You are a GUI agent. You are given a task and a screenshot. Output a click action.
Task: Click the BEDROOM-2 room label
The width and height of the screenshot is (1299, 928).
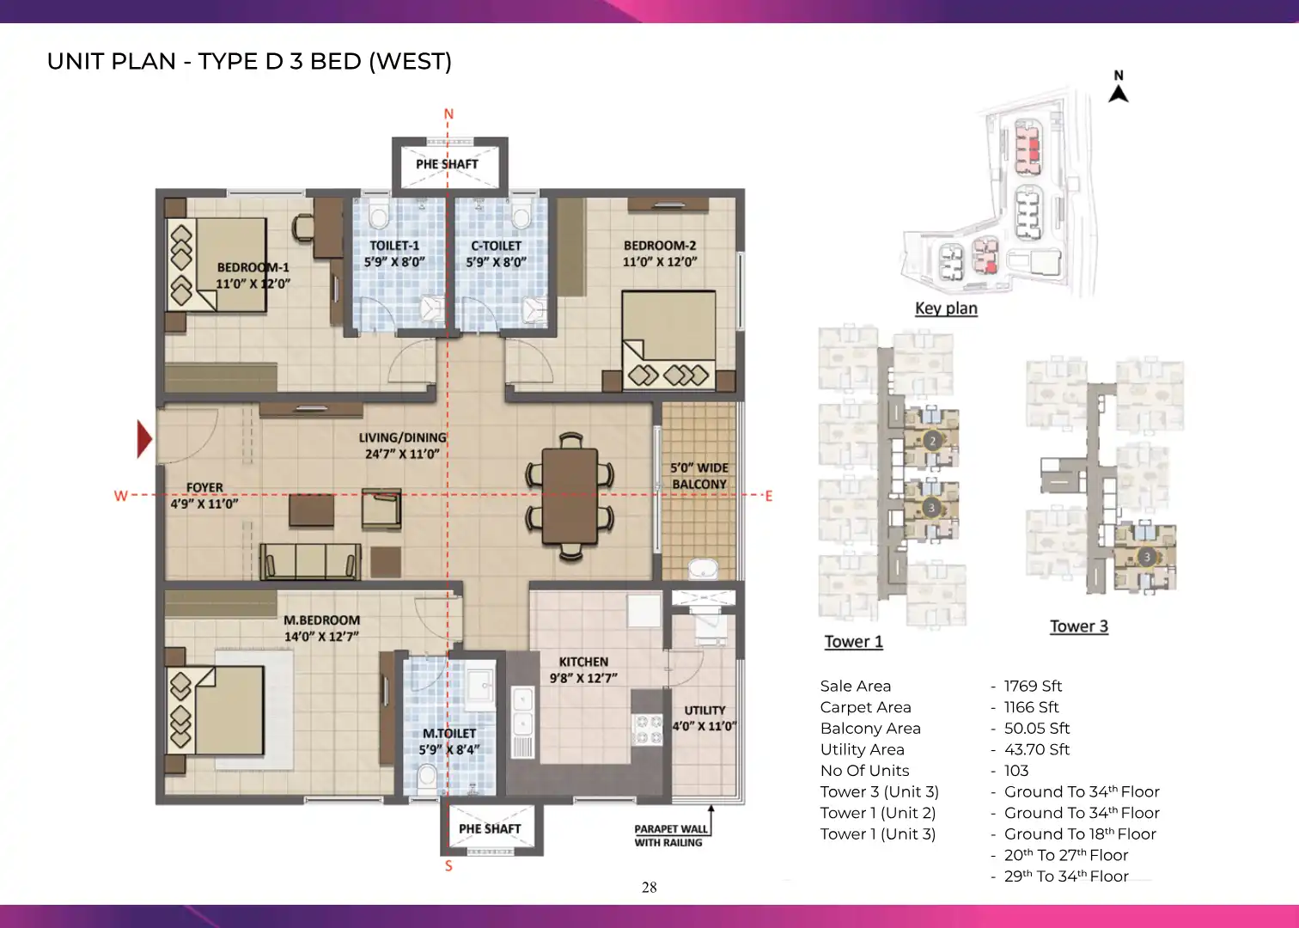(660, 246)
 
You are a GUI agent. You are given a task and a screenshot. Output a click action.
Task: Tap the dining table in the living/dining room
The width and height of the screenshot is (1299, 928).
(570, 496)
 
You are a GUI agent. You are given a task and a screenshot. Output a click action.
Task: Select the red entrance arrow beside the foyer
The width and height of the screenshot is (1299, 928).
(144, 439)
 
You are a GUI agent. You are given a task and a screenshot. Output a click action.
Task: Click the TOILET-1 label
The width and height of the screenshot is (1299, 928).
(394, 246)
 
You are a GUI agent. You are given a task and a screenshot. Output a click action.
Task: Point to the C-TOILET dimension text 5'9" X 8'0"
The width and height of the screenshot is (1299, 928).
(497, 262)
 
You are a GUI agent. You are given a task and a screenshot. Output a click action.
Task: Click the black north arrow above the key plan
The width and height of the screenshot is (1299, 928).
(1119, 94)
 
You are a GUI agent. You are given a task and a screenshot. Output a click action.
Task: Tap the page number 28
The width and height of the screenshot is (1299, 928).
(649, 887)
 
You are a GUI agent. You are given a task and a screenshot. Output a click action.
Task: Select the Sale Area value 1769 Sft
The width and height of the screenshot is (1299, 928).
(1033, 687)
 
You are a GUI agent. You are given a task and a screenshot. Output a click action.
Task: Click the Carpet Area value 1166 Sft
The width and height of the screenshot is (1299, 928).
(1032, 707)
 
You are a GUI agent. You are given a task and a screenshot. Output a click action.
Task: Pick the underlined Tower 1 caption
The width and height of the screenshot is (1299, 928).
(854, 642)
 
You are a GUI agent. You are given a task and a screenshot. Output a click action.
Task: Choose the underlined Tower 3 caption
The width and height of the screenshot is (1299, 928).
(1079, 626)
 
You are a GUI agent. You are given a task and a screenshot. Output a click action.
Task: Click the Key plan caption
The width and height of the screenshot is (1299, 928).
(947, 308)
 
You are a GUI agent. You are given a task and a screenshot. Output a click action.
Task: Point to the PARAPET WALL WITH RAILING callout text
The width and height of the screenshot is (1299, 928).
(671, 836)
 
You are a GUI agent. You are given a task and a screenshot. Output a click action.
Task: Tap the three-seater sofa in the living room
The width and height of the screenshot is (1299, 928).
(310, 561)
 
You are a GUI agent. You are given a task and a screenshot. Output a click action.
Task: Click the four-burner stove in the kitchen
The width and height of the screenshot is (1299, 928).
(647, 730)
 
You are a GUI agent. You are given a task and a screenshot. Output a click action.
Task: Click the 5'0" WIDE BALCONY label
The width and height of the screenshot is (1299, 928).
(699, 476)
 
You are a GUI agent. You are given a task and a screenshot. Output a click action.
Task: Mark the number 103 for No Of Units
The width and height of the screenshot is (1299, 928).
(1016, 770)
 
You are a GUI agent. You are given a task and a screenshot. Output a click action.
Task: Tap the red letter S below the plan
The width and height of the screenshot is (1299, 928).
(448, 866)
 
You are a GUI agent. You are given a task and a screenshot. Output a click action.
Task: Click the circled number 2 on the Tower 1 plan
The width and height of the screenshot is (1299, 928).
(932, 441)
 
